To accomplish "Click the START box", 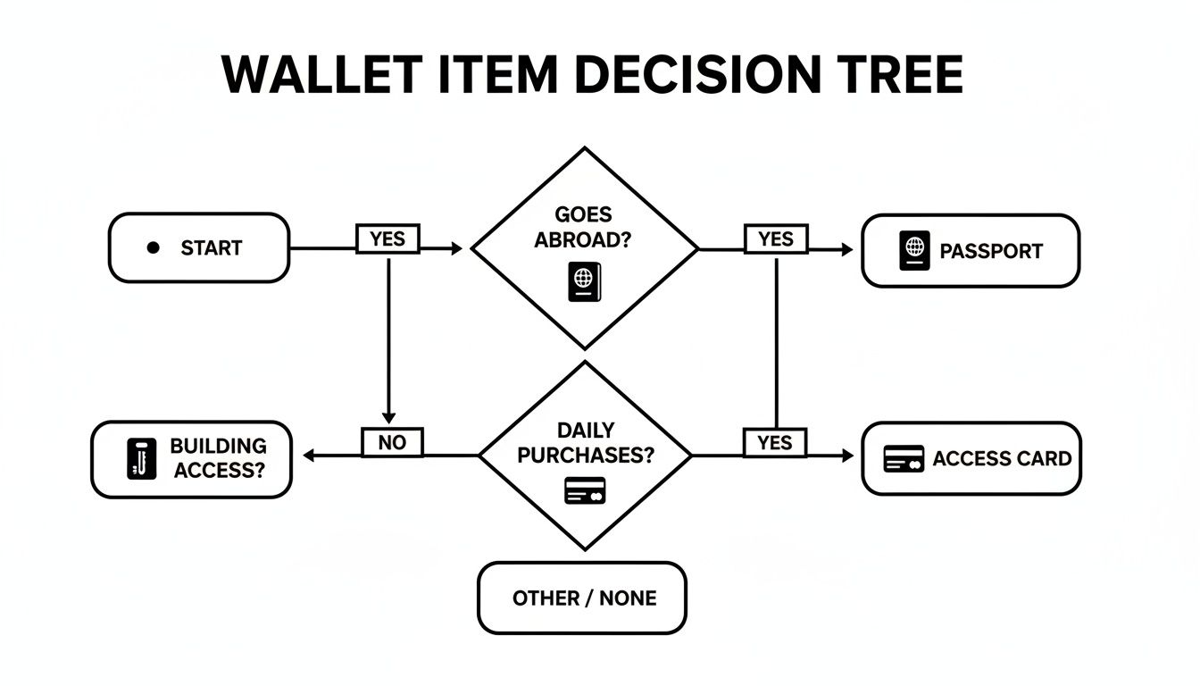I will (x=198, y=247).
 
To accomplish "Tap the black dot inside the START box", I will (x=153, y=247).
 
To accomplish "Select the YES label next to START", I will (x=387, y=238).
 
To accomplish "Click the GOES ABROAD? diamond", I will (x=585, y=247).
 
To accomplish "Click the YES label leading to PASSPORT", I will (x=775, y=238).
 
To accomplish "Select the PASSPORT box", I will (x=970, y=250).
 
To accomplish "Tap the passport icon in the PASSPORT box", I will (x=914, y=250).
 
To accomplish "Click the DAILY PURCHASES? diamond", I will (x=585, y=456).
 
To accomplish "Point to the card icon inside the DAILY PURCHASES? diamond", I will (x=585, y=490).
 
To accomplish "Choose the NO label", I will (x=393, y=441).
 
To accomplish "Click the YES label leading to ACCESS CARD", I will (x=775, y=441).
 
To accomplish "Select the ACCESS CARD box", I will (x=971, y=458).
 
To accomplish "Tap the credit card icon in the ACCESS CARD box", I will (x=904, y=459).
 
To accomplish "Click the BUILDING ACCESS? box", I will (x=191, y=459).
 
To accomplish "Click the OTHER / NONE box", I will (x=583, y=598).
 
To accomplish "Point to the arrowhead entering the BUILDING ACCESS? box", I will (x=309, y=456).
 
